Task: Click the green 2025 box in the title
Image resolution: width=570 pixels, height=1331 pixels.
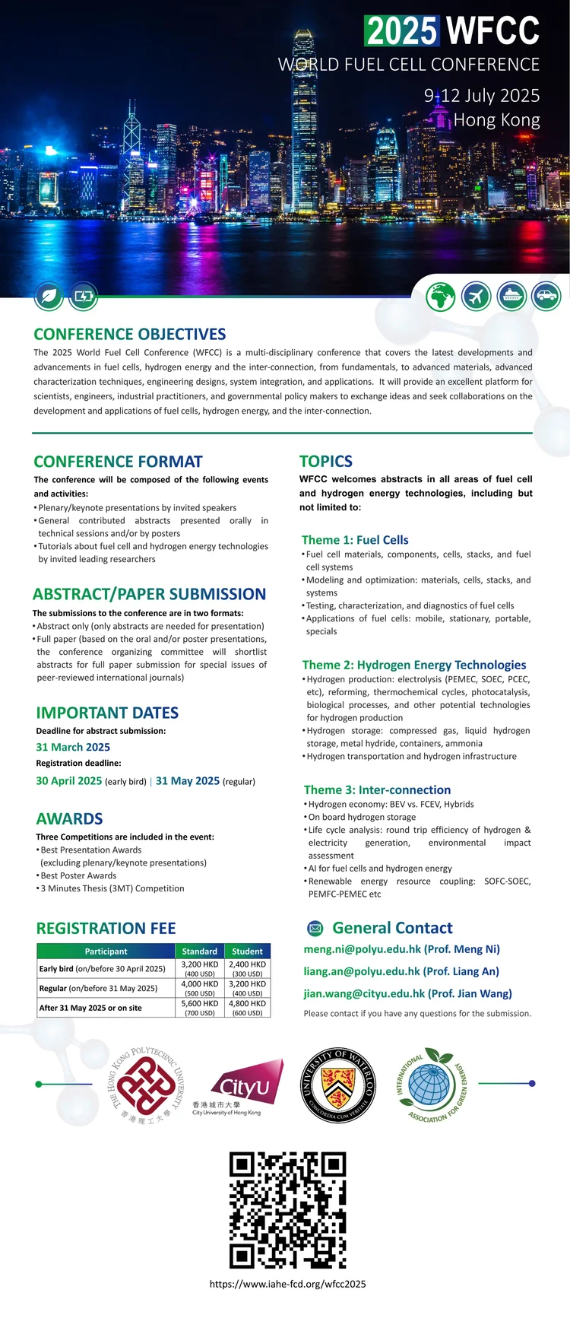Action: tap(402, 31)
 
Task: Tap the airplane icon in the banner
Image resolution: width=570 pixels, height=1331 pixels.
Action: tap(477, 296)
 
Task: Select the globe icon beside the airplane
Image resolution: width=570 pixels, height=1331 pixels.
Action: tap(441, 296)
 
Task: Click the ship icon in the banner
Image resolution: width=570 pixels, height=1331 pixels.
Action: tap(511, 296)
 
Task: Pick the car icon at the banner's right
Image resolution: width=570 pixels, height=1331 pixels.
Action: tap(546, 296)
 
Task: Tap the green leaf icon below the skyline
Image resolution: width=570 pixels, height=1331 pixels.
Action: tap(49, 296)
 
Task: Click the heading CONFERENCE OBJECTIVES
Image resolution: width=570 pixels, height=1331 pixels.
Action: tap(130, 335)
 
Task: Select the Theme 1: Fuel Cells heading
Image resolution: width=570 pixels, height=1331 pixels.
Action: tap(355, 540)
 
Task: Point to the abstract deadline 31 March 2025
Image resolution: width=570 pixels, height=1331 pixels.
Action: tap(73, 747)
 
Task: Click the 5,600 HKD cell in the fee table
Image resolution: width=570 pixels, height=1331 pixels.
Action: tap(200, 1003)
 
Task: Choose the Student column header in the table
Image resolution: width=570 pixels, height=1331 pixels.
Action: tap(247, 951)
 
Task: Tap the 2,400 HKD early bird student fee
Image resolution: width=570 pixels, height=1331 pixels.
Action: tap(247, 964)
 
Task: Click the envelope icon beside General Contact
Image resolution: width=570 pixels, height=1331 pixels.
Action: tap(315, 928)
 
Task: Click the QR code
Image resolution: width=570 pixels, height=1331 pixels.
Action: tap(287, 1209)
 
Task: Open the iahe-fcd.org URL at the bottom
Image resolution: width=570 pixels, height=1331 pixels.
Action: tap(287, 1284)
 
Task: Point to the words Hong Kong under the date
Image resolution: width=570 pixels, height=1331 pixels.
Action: tap(496, 120)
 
